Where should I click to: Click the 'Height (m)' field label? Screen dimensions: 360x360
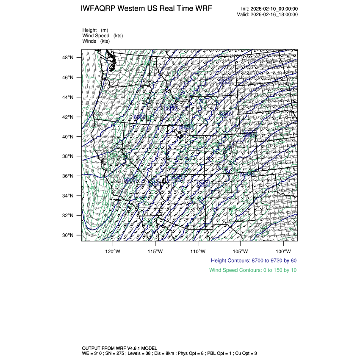coord(95,30)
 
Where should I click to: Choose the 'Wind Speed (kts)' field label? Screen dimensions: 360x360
coord(102,36)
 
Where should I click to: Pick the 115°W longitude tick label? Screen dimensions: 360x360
coord(155,251)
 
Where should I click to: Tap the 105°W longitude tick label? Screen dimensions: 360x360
coord(241,251)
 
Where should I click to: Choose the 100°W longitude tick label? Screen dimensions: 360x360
coord(283,251)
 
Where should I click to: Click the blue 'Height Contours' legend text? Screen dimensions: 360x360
coord(253,261)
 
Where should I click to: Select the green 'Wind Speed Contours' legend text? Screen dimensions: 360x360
coord(253,270)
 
